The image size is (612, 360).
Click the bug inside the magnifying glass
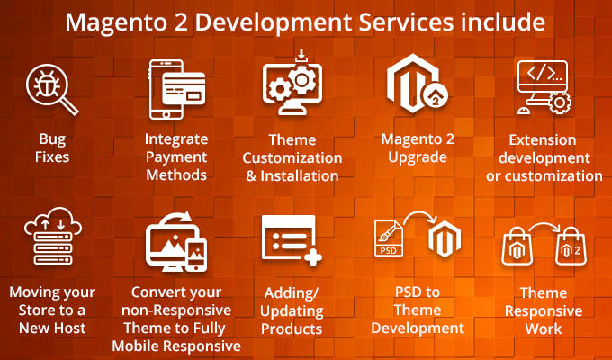(x=47, y=85)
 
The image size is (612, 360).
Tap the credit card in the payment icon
(x=184, y=88)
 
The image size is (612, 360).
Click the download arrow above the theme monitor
(x=301, y=56)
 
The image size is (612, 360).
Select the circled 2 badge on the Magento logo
(x=436, y=96)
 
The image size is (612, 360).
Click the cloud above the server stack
(x=53, y=221)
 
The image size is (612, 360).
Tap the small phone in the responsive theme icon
(x=196, y=255)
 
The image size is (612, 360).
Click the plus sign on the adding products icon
(x=312, y=257)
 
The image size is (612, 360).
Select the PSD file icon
(x=389, y=238)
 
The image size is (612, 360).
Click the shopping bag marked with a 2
(x=571, y=247)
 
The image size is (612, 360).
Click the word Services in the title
(x=406, y=22)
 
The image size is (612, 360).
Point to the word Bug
(x=52, y=139)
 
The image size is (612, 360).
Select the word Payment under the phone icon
(x=176, y=157)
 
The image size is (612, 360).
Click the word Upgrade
(x=418, y=157)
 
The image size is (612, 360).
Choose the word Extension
(x=543, y=139)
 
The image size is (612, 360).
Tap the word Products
(x=292, y=328)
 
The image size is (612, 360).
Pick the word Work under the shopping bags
(x=544, y=328)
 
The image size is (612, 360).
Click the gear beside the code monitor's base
(x=559, y=103)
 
